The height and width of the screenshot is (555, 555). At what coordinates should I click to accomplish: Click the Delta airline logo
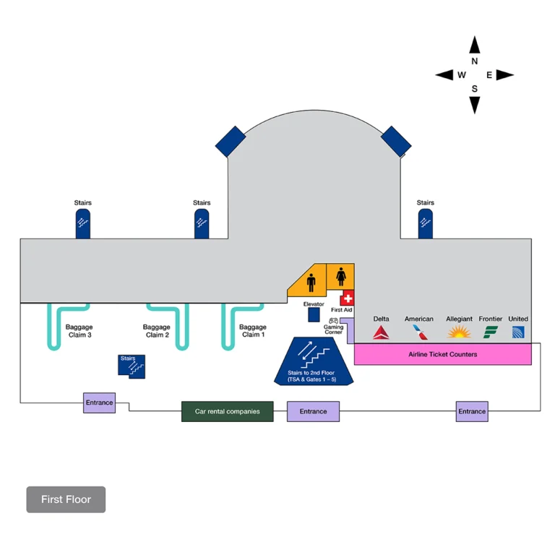point(381,332)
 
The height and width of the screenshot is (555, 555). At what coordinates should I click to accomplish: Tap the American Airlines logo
point(419,332)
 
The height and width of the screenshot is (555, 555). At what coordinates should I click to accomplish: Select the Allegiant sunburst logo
point(459,332)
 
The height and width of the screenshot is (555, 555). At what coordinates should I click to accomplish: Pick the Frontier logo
point(491,332)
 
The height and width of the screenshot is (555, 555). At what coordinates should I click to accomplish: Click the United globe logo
point(518,332)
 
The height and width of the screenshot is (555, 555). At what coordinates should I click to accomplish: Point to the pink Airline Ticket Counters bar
point(442,354)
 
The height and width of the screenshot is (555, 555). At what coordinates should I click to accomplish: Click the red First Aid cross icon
point(348,298)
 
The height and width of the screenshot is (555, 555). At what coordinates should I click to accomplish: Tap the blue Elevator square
point(314,315)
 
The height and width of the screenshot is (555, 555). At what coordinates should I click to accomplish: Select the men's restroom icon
point(311,280)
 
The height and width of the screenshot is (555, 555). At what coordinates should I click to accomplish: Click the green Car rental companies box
point(227,411)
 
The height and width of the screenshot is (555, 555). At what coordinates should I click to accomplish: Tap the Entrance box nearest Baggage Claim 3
point(99,403)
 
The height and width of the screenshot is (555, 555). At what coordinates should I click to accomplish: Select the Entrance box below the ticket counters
point(472,411)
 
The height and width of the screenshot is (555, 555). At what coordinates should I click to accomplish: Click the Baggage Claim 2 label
point(157,331)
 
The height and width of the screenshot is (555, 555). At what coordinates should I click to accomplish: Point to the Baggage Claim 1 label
point(253,331)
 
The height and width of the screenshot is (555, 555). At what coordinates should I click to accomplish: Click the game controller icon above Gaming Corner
point(334,319)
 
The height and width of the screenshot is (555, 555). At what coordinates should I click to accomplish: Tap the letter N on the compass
point(475,61)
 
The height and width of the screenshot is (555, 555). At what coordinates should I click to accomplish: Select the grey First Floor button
point(66,499)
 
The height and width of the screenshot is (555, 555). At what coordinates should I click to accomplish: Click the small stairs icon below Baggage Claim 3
point(132,365)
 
